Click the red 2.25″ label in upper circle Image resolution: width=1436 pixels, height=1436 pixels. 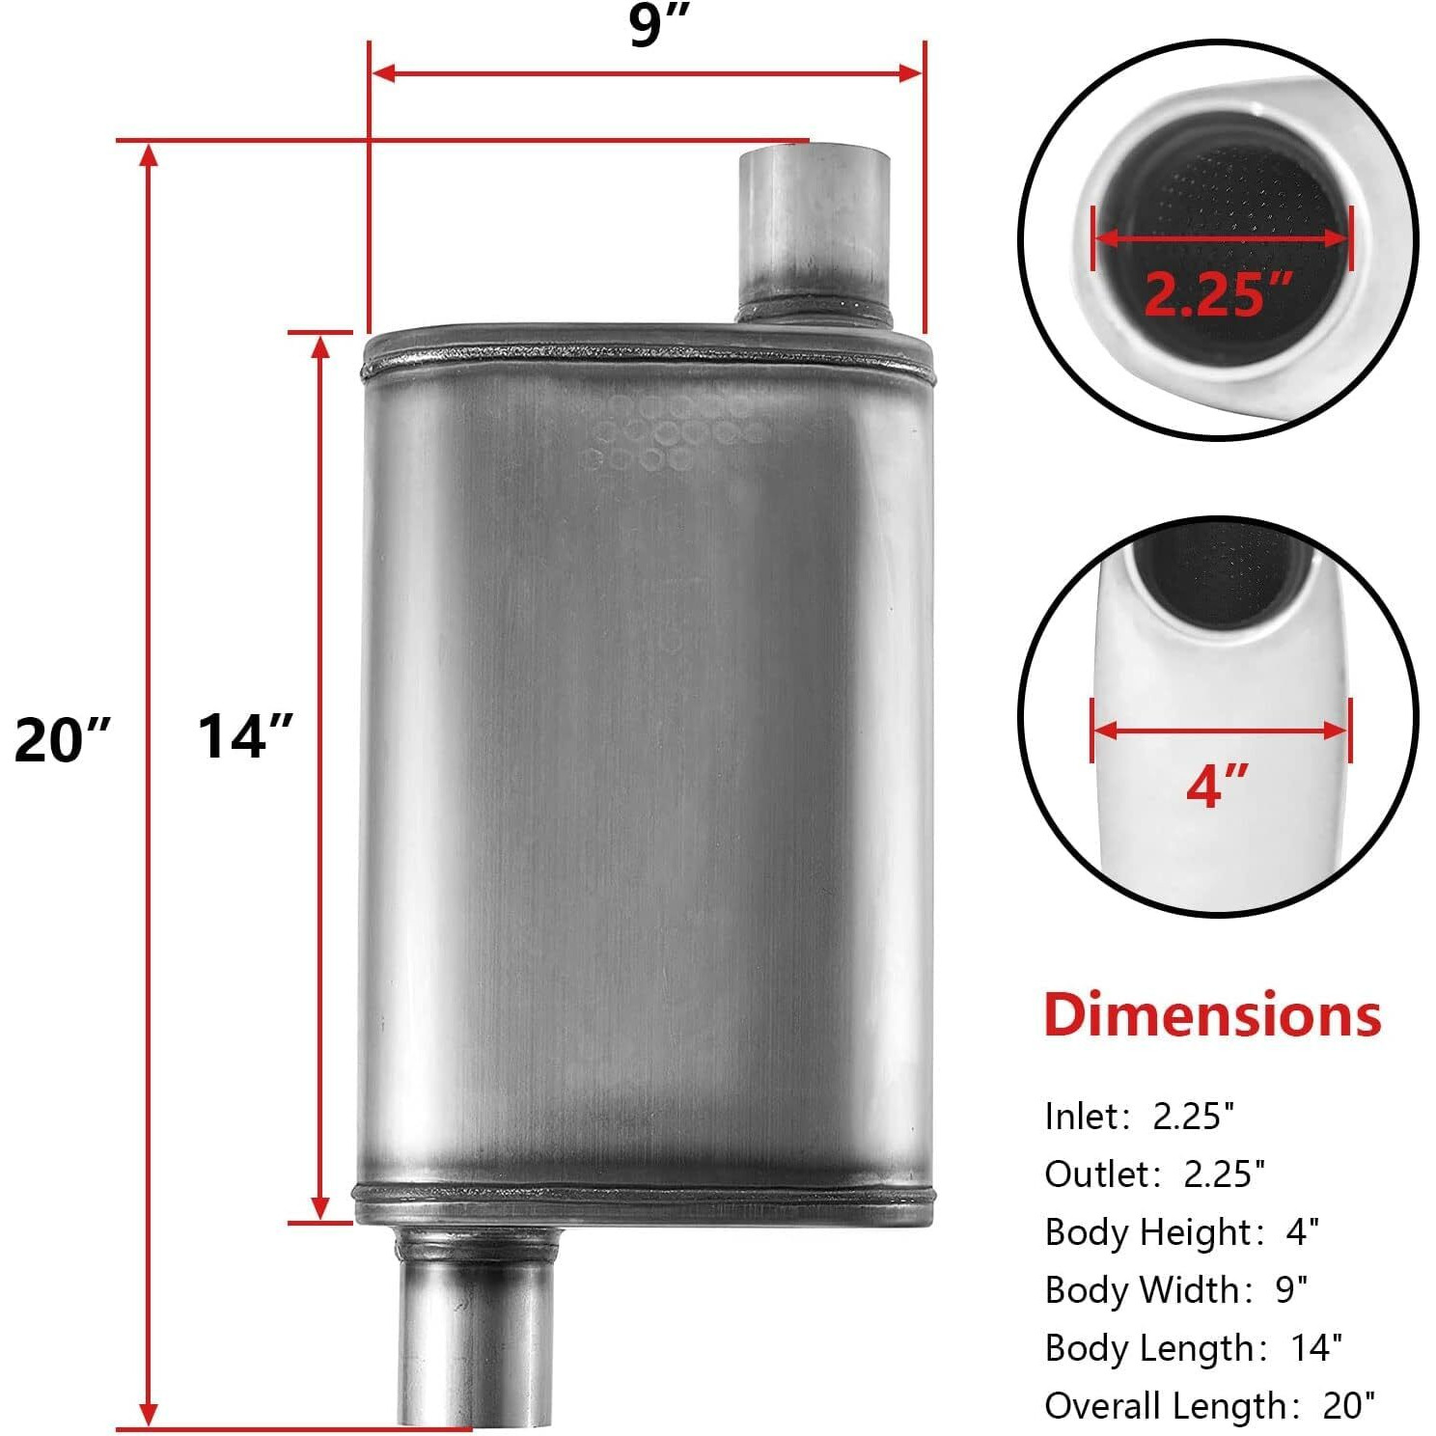tap(1218, 294)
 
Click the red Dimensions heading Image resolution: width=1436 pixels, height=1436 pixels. tap(1212, 1016)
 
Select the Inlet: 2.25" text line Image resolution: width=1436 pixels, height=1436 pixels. tap(1139, 1117)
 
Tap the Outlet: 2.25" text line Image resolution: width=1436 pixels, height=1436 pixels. tap(1154, 1174)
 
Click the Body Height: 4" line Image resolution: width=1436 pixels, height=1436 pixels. tap(1181, 1232)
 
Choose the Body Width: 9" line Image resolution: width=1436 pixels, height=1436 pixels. tap(1175, 1290)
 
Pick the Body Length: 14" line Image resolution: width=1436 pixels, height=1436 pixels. tap(1193, 1348)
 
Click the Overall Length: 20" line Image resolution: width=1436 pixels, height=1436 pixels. tap(1209, 1406)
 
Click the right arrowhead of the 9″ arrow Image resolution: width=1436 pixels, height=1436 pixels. tap(911, 73)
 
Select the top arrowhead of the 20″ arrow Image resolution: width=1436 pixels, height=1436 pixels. tap(149, 154)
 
